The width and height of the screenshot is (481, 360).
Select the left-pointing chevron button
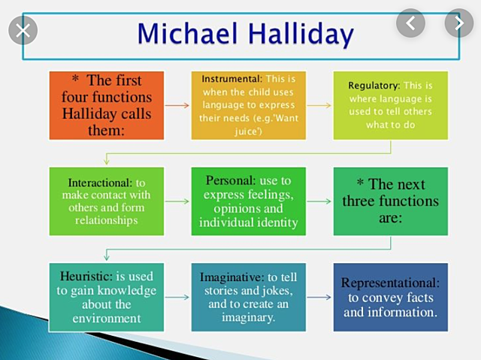point(410,23)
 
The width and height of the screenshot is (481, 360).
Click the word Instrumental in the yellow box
point(229,78)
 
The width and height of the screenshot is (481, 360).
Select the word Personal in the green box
point(228,180)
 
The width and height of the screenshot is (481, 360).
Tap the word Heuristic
point(84,276)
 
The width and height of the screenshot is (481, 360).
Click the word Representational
point(390,283)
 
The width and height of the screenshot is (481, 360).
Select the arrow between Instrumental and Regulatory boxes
point(319,105)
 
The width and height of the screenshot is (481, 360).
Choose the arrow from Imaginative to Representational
point(319,297)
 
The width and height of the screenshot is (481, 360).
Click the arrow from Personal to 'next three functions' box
point(319,201)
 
